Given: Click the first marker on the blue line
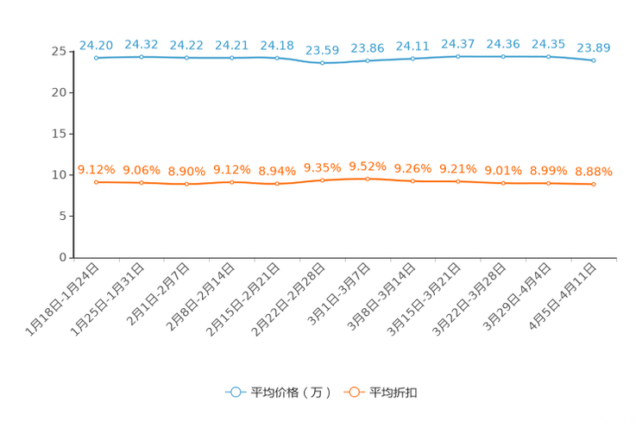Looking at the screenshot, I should (x=97, y=58).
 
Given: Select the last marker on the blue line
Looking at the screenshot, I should (x=594, y=60).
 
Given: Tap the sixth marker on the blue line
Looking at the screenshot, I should (x=323, y=62).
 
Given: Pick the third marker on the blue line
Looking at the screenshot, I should (x=187, y=58).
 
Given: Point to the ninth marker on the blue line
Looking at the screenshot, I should (x=458, y=56).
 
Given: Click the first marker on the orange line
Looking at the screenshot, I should (x=97, y=182).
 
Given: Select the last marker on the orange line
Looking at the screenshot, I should (x=594, y=184).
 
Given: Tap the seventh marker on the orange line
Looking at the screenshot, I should (x=368, y=179).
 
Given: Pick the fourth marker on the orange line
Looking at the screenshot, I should (x=232, y=182).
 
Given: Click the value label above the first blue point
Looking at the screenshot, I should (x=97, y=44).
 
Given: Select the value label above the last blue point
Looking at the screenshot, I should (x=594, y=47).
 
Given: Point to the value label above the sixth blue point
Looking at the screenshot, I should (x=323, y=49).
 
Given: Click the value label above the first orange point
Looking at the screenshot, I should (x=97, y=169).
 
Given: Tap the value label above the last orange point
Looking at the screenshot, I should (x=594, y=171).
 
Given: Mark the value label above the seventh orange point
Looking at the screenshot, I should (x=368, y=166).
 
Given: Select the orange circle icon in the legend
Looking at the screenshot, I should (x=352, y=392).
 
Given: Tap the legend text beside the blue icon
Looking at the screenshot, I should (x=292, y=393).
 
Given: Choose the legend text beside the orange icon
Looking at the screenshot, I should (x=394, y=393).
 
